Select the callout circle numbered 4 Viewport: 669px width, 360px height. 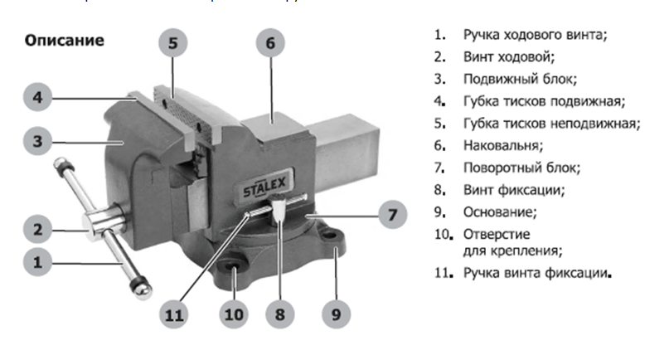(x=36, y=98)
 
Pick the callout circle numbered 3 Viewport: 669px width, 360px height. (x=36, y=141)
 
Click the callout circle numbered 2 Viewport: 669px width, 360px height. (x=36, y=226)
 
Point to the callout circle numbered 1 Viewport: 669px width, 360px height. (x=36, y=263)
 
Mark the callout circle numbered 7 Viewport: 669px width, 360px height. (x=392, y=215)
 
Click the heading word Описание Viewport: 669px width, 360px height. (x=64, y=40)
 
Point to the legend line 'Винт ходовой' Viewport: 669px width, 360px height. (x=509, y=57)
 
